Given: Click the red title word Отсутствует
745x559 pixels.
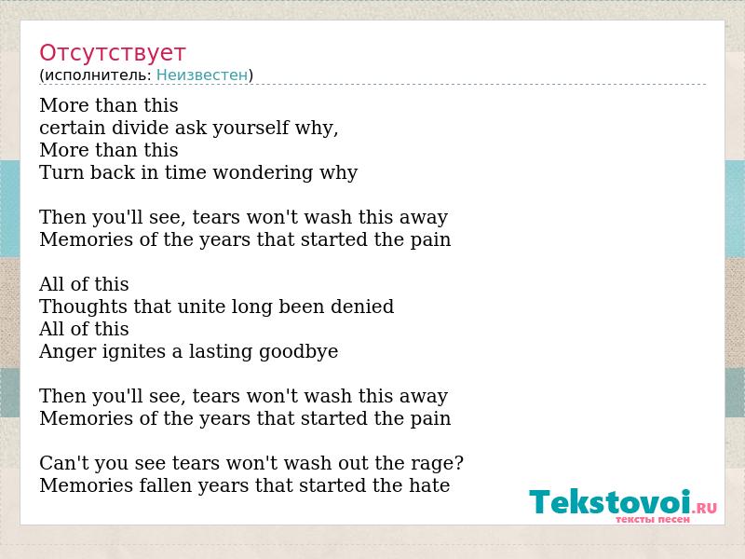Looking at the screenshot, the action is pos(112,53).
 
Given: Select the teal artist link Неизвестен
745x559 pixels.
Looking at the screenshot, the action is pos(202,75).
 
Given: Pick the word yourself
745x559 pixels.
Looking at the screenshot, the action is pos(251,128).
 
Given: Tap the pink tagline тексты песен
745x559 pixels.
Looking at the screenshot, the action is pos(653,520).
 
